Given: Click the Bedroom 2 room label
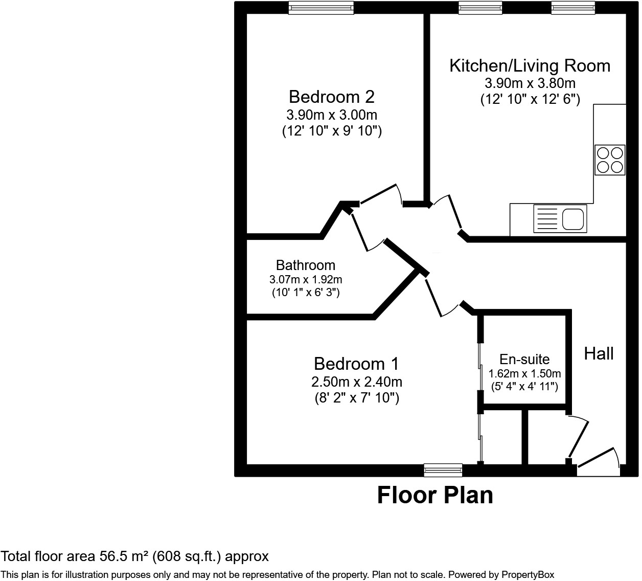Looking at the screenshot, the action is [332, 97].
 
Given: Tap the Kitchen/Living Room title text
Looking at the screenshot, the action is [530, 65].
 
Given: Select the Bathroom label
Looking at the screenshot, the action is [306, 265].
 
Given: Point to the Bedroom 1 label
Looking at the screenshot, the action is [356, 364].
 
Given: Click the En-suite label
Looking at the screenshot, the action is [524, 360].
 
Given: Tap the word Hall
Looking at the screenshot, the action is [599, 354].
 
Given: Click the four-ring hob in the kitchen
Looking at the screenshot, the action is [610, 160].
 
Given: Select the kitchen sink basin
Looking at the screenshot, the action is [573, 219].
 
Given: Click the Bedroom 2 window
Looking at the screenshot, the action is [321, 8].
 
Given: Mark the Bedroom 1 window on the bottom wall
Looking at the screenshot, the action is [443, 470].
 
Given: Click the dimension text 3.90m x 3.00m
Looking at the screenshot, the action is [332, 115].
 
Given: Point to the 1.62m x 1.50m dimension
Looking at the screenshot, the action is [524, 373].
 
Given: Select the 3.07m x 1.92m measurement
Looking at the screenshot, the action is [306, 280].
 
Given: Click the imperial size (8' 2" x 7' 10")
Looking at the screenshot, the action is [357, 398].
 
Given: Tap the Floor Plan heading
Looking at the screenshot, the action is [435, 495].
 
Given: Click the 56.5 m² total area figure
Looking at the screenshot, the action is [124, 556].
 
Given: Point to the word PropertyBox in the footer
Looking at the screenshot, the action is [528, 574].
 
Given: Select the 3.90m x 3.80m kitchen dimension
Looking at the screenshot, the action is [530, 83].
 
